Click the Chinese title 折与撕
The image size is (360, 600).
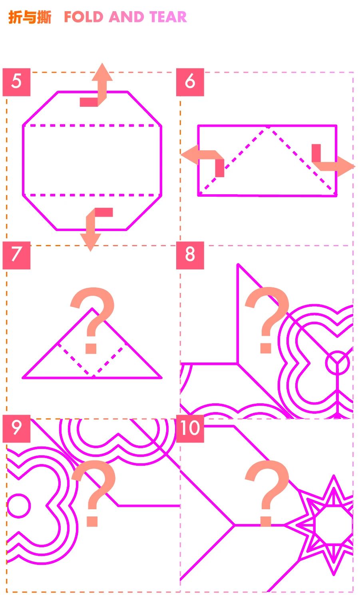click(x=30, y=17)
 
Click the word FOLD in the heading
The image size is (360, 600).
click(x=84, y=17)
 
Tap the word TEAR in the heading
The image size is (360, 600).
click(x=168, y=17)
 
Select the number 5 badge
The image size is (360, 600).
click(x=16, y=82)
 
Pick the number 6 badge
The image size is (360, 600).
click(x=190, y=82)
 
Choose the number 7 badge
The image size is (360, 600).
click(x=16, y=255)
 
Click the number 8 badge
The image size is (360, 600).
click(x=190, y=255)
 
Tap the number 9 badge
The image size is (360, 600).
click(x=16, y=429)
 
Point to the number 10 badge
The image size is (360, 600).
click(x=190, y=429)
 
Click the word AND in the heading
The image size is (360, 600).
click(x=126, y=17)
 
